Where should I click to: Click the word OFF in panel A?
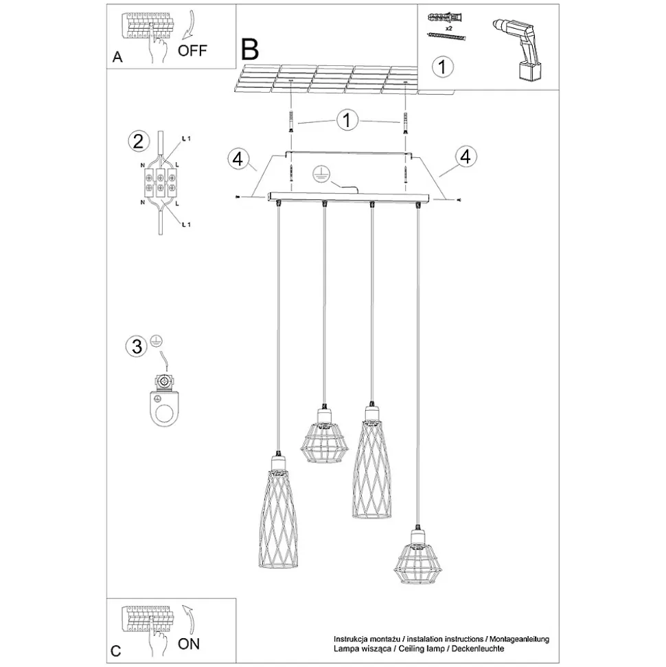(192, 50)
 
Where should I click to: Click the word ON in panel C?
(188, 644)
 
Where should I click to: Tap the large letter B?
(250, 49)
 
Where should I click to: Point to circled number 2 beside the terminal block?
(139, 142)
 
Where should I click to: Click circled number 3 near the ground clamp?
(137, 346)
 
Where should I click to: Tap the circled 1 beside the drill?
(443, 67)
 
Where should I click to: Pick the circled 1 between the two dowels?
(347, 120)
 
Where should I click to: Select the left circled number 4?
(238, 159)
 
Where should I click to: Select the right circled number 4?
(466, 157)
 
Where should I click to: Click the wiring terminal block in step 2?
(161, 183)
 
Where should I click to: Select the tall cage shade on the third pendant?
(371, 462)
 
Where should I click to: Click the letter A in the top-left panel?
(117, 57)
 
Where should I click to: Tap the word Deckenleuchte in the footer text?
(478, 648)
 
